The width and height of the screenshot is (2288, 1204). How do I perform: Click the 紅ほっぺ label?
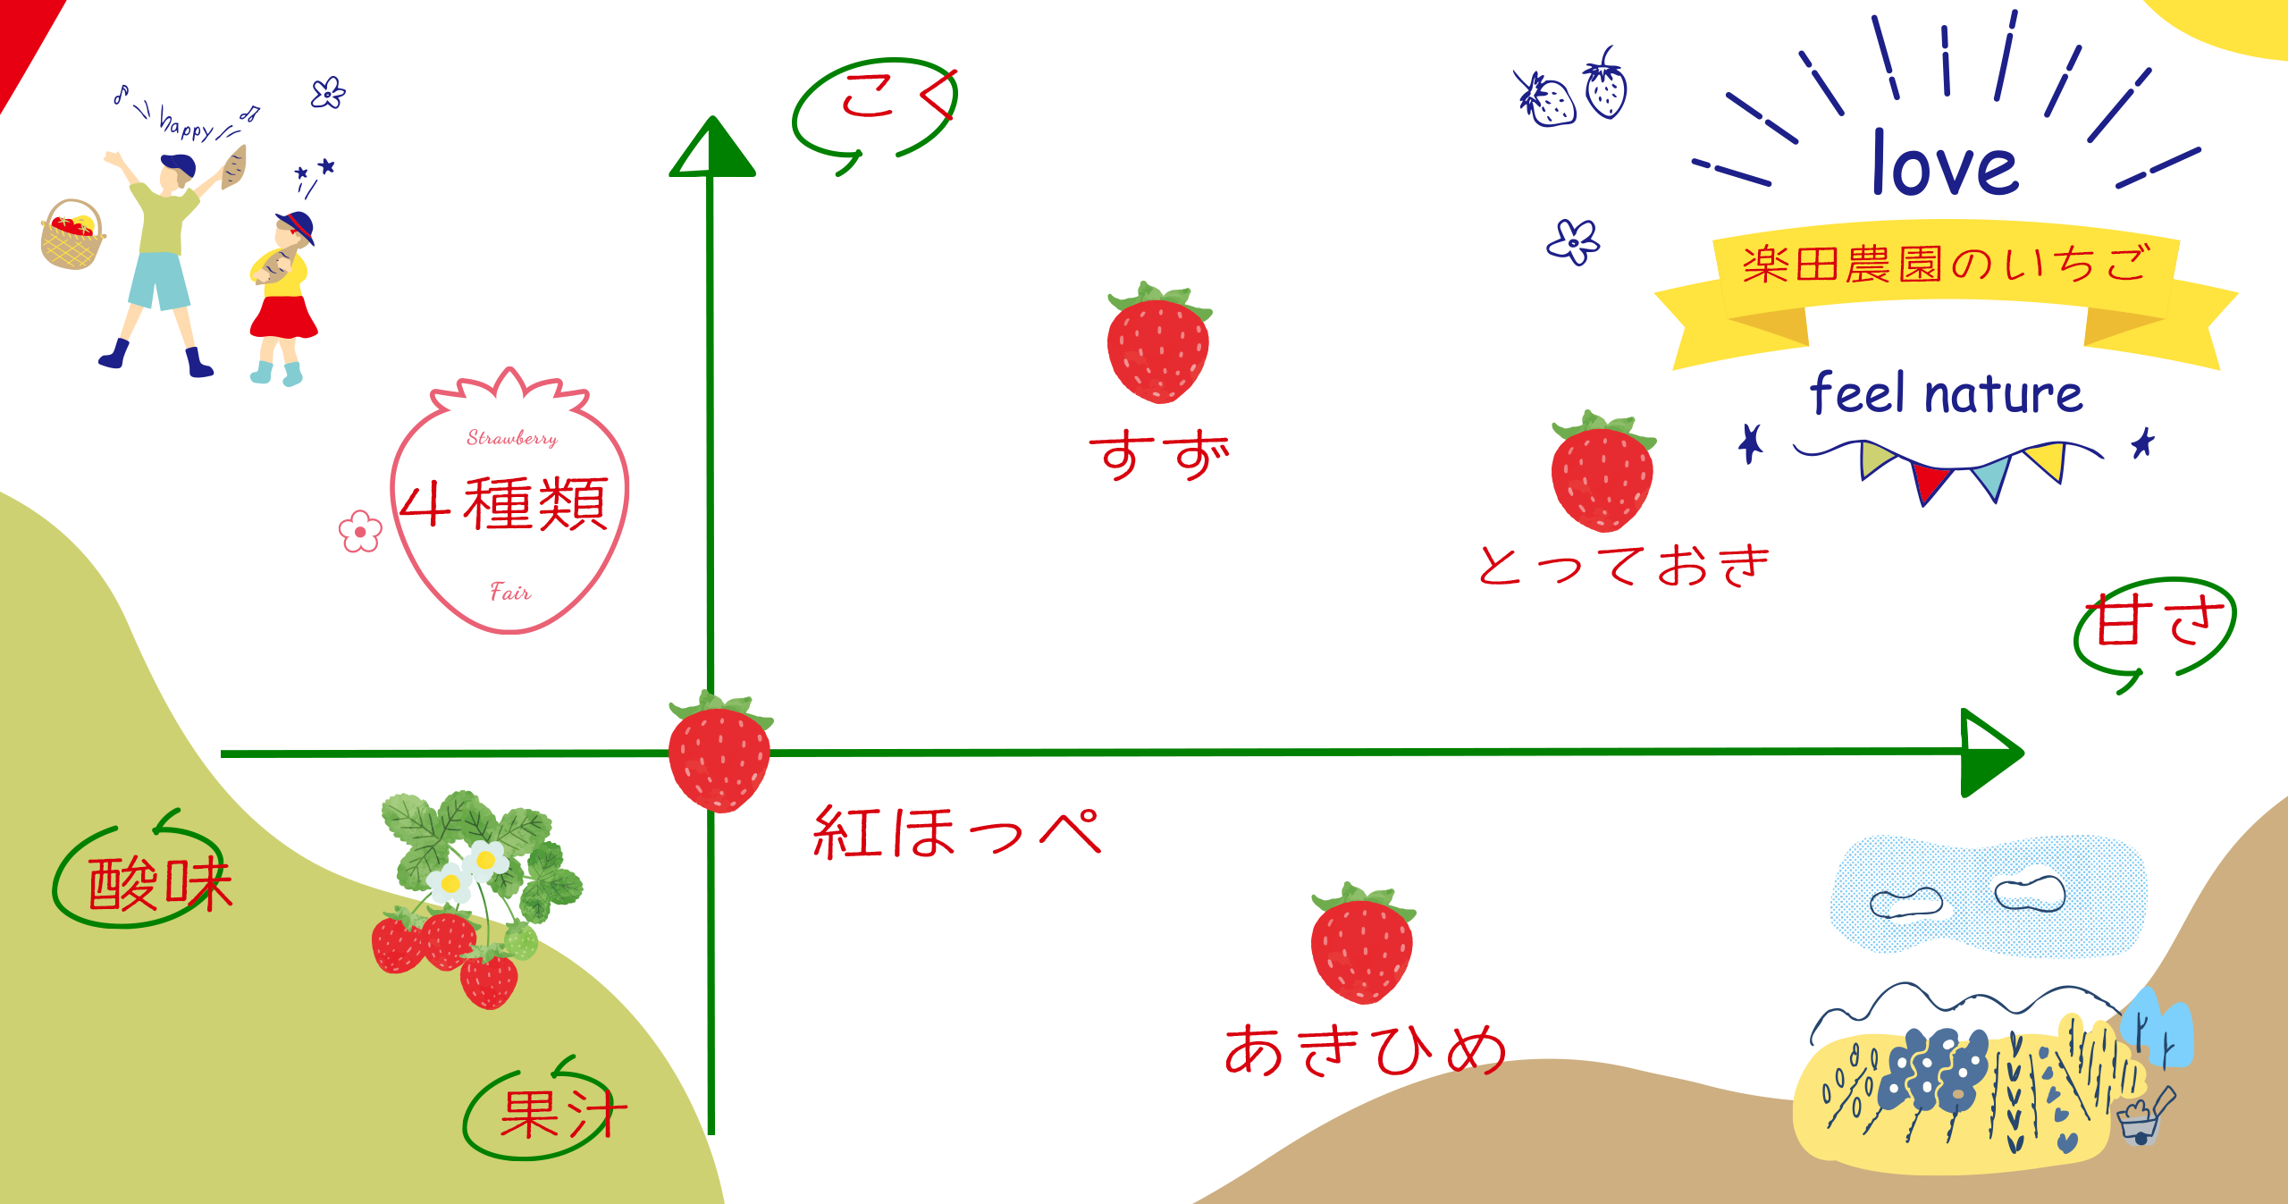956,833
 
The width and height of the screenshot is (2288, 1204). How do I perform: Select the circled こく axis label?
880,98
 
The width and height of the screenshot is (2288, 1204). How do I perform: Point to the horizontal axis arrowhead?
1989,753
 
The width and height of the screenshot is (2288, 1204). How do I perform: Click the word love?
1945,165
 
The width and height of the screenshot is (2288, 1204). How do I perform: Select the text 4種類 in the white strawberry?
505,505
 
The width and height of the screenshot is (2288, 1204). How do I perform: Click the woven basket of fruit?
71,237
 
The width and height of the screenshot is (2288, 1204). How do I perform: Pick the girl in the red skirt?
284,295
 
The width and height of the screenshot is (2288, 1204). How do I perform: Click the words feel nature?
1945,393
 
